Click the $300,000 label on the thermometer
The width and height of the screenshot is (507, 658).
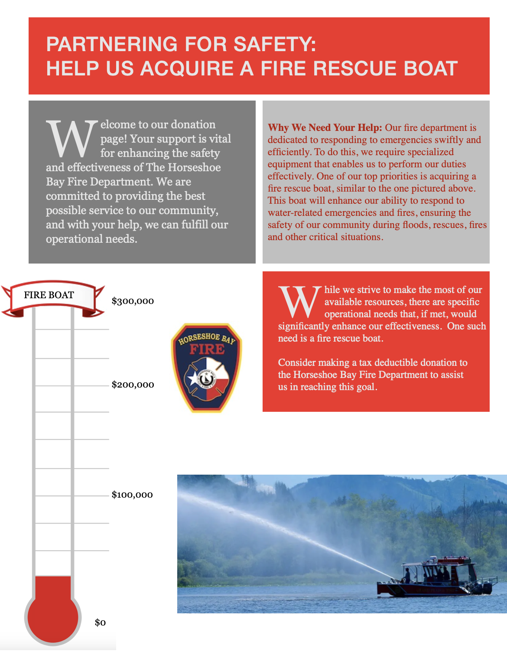tap(133, 301)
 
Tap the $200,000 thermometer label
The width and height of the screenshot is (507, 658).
tap(133, 384)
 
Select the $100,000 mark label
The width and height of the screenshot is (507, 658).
tap(132, 495)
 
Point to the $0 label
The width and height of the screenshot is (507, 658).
tap(100, 622)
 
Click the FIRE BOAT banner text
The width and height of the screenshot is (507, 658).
tap(49, 295)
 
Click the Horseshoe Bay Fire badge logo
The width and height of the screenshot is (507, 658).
tap(207, 368)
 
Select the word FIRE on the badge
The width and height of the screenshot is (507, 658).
tap(207, 349)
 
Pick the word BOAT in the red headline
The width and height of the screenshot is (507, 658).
tap(431, 68)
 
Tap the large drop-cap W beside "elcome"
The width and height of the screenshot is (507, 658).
tap(72, 139)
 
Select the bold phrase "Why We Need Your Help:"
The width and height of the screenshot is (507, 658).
tap(325, 128)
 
